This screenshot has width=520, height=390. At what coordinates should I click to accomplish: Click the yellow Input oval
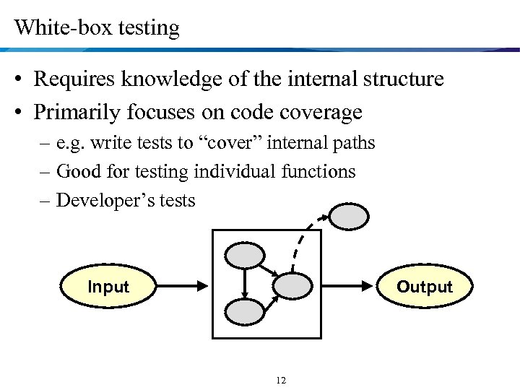(108, 287)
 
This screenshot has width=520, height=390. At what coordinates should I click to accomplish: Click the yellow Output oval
(424, 287)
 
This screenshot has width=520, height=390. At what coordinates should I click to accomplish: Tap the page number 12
(281, 381)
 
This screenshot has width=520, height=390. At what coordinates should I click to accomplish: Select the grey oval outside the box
(349, 215)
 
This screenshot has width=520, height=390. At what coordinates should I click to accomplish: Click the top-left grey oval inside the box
(245, 253)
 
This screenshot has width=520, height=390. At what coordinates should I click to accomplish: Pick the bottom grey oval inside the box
(245, 311)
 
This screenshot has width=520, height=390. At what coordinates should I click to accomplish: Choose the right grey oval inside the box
(292, 286)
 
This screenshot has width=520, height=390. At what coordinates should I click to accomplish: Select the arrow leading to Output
(347, 287)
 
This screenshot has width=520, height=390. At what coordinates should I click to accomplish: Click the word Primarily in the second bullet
(76, 113)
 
